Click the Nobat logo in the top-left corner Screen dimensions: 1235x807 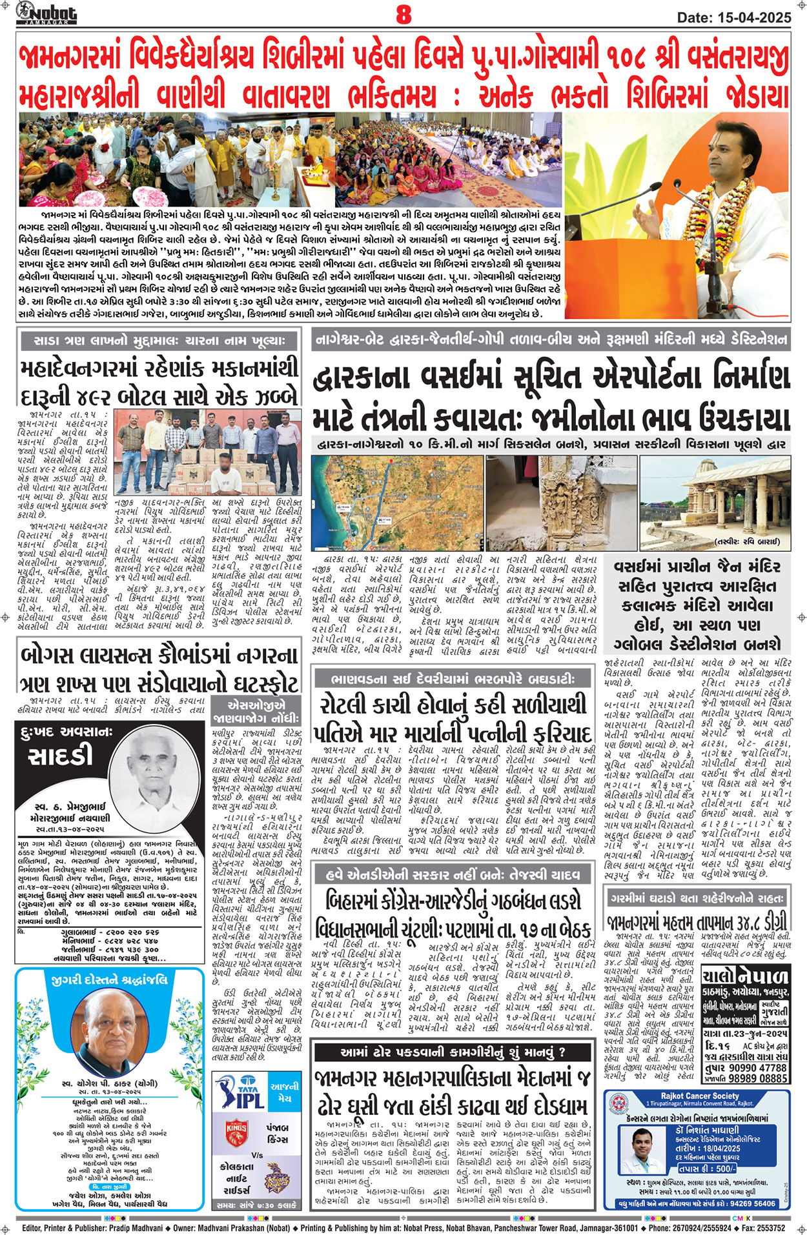46,13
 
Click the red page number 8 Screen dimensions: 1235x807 403,14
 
